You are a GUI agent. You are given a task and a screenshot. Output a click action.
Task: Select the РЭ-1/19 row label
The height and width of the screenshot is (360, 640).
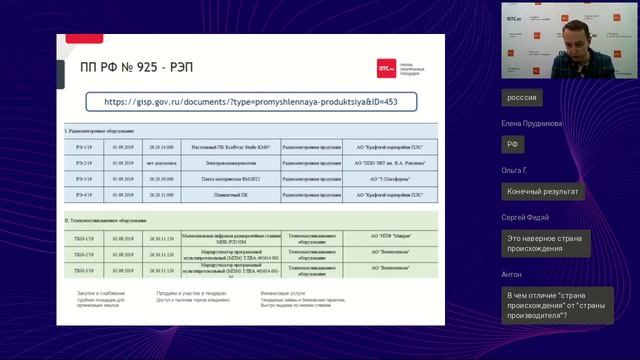coord(83,144)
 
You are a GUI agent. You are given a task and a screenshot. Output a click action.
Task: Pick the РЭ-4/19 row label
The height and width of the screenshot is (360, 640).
coord(83,194)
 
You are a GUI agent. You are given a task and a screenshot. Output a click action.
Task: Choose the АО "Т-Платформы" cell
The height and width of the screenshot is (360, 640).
coord(377,178)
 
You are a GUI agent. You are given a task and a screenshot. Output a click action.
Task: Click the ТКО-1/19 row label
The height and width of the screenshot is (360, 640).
coord(84,237)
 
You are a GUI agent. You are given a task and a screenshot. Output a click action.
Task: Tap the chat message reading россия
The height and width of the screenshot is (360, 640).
coord(522,98)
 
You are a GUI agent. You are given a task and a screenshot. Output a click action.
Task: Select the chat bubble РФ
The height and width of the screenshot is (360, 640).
coord(513,144)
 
